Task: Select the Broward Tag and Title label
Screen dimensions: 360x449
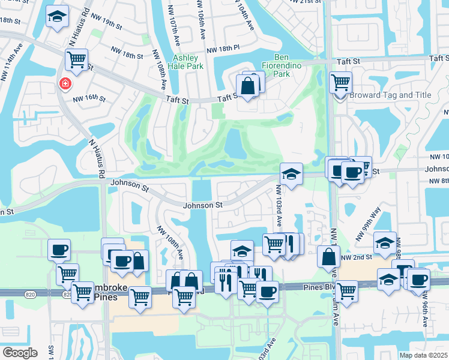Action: click(390, 95)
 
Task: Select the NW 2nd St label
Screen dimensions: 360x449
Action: click(354, 257)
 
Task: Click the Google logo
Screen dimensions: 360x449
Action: click(20, 352)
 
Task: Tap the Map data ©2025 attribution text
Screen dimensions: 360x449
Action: click(424, 355)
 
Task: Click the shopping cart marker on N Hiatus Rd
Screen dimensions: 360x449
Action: click(77, 59)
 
